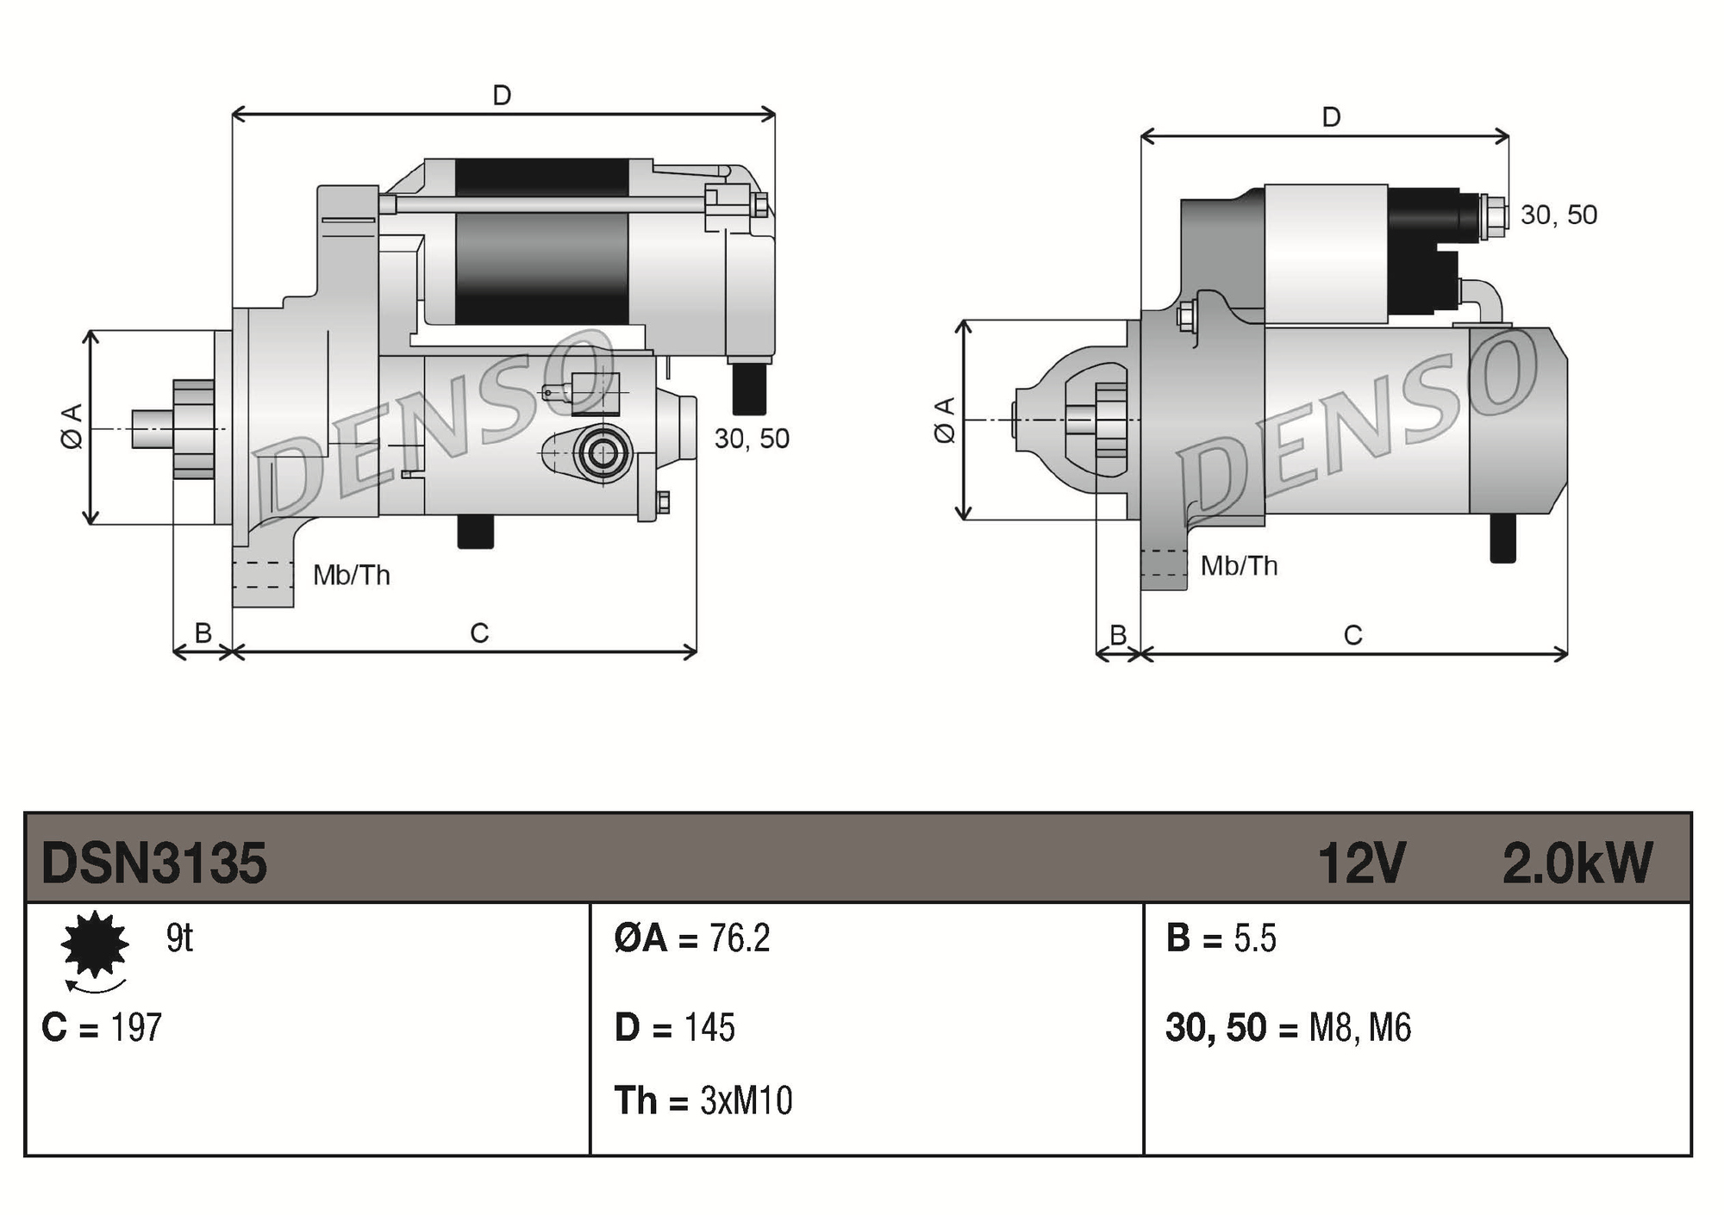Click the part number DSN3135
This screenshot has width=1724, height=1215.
click(153, 863)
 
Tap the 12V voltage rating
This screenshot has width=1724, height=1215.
click(1361, 863)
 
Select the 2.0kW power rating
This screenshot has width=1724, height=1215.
click(1577, 863)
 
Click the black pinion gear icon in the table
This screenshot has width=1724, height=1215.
click(95, 944)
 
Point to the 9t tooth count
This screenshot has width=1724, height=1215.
click(179, 938)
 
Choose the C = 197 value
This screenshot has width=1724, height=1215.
click(102, 1027)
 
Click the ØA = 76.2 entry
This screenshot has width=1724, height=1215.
click(691, 938)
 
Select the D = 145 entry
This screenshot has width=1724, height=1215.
click(674, 1027)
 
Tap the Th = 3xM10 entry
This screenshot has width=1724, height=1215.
click(703, 1100)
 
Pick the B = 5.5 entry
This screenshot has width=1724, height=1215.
click(1221, 938)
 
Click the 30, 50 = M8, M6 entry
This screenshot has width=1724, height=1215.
click(1288, 1027)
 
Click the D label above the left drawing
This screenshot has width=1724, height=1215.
click(502, 95)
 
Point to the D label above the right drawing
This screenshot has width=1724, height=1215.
click(1331, 117)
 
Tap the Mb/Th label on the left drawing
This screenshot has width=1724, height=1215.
click(351, 575)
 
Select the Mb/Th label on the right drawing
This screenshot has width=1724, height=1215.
click(1239, 566)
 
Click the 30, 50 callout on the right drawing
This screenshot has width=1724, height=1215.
click(1558, 215)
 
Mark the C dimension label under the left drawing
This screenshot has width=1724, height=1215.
click(479, 633)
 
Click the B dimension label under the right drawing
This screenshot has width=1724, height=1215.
click(1118, 635)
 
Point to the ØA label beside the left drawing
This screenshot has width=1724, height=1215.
click(72, 426)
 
